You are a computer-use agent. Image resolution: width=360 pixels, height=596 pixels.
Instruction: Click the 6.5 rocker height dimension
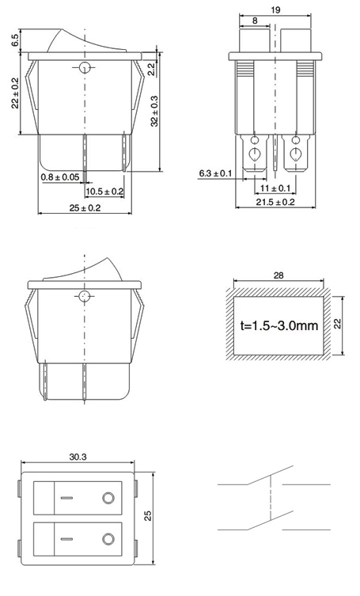tap(15, 40)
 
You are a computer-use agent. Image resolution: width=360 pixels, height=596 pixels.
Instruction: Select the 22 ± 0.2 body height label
tap(15, 93)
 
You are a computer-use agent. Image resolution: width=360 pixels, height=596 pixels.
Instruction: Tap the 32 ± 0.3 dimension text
tap(154, 111)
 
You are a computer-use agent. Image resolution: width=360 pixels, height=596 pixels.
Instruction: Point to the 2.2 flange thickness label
tap(151, 69)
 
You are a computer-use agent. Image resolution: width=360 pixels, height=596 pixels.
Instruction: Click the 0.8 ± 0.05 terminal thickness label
tap(60, 177)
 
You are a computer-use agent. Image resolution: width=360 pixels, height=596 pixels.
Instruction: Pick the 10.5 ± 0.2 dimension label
tap(104, 192)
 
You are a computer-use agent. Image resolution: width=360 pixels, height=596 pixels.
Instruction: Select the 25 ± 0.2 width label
tap(85, 208)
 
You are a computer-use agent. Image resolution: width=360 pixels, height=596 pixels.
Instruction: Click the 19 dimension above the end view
tap(275, 9)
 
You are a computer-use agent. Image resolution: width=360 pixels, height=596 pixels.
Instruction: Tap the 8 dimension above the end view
tap(255, 21)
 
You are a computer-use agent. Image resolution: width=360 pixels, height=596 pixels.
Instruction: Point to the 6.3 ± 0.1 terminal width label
tap(215, 173)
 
